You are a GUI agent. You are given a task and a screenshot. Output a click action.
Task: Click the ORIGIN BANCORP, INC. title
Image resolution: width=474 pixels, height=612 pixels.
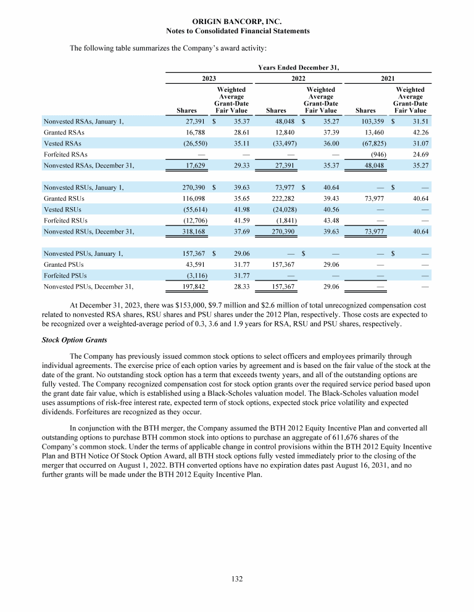[238, 22]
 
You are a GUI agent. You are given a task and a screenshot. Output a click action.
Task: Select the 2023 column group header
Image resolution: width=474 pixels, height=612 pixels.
[209, 78]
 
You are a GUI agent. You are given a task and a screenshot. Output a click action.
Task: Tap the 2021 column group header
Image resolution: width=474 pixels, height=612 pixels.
[388, 78]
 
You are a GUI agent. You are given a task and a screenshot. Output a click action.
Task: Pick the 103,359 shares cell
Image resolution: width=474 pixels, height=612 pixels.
[364, 121]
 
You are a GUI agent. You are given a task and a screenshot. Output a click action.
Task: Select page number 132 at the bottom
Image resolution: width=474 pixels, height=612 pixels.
[238, 579]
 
